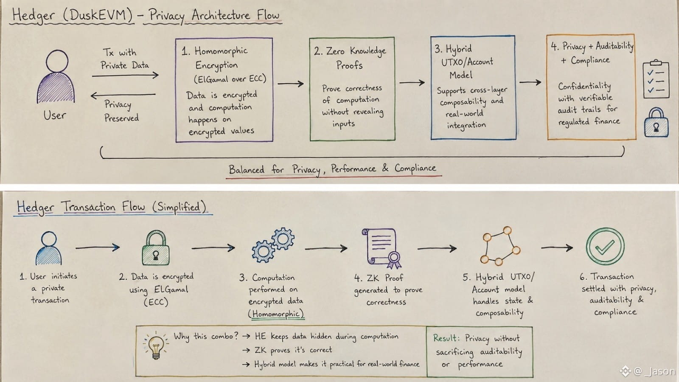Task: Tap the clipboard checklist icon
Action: pyautogui.click(x=656, y=79)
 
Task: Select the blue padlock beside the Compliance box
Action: pyautogui.click(x=656, y=122)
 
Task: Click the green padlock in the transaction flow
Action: pyautogui.click(x=156, y=248)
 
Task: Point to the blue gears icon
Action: pyautogui.click(x=273, y=244)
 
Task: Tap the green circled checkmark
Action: pyautogui.click(x=605, y=247)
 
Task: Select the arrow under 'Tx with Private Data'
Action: pyautogui.click(x=125, y=75)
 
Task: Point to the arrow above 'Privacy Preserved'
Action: pyautogui.click(x=123, y=95)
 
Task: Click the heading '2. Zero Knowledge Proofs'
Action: pyautogui.click(x=350, y=58)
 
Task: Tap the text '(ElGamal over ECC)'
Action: pyautogui.click(x=230, y=79)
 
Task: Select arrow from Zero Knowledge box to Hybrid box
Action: pyautogui.click(x=412, y=82)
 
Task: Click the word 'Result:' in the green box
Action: pyautogui.click(x=446, y=338)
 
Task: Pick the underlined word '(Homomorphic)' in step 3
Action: pyautogui.click(x=276, y=314)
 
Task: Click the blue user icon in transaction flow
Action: pyautogui.click(x=48, y=248)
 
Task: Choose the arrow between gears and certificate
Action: pyautogui.click(x=326, y=249)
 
